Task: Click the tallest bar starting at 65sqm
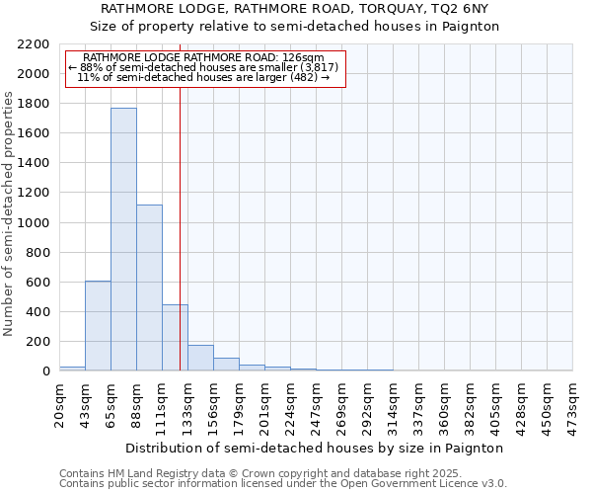pyautogui.click(x=123, y=239)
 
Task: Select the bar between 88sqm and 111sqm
pyautogui.click(x=149, y=288)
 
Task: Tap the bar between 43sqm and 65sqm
pyautogui.click(x=98, y=326)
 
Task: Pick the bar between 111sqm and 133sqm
pyautogui.click(x=175, y=338)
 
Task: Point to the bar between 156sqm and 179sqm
pyautogui.click(x=226, y=365)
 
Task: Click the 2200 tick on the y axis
pyautogui.click(x=35, y=44)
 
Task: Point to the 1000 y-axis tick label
pyautogui.click(x=35, y=223)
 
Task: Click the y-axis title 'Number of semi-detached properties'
pyautogui.click(x=10, y=213)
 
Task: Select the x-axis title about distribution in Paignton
pyautogui.click(x=315, y=448)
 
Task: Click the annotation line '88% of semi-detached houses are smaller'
pyautogui.click(x=204, y=67)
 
